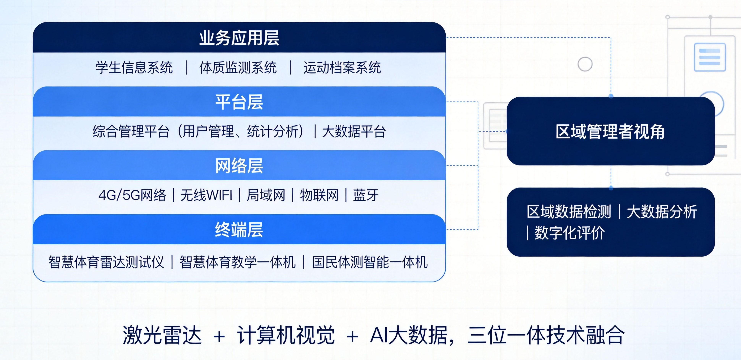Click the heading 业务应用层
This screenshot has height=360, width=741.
pyautogui.click(x=239, y=38)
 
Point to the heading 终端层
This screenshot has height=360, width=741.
pyautogui.click(x=239, y=230)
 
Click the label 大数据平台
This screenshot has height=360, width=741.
pyautogui.click(x=354, y=131)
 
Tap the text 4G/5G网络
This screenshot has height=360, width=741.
pyautogui.click(x=132, y=195)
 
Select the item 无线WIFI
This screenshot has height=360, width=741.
pyautogui.click(x=206, y=195)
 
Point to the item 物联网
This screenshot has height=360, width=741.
pyautogui.click(x=319, y=195)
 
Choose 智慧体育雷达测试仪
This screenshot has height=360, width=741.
pyautogui.click(x=106, y=262)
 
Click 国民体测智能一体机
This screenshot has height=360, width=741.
pyautogui.click(x=370, y=262)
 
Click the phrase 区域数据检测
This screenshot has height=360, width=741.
pyautogui.click(x=569, y=212)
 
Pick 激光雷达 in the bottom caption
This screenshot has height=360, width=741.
pyautogui.click(x=162, y=335)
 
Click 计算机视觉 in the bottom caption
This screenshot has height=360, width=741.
pyautogui.click(x=286, y=335)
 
